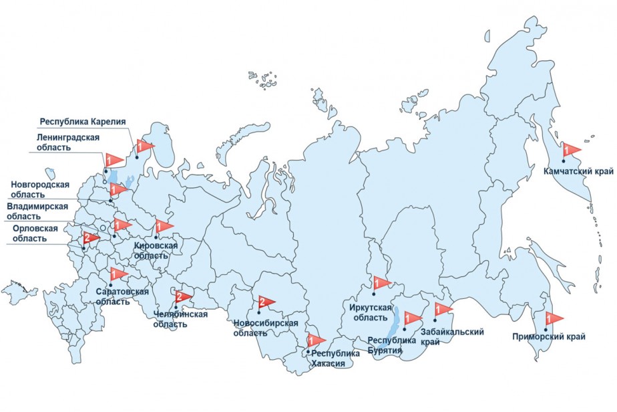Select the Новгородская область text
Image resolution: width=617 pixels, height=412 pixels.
tap(40, 189)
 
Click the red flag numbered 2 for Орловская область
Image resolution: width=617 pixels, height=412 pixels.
tap(89, 238)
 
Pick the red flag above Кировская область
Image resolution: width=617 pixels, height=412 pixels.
tap(163, 226)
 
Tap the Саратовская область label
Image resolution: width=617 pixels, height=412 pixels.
tap(122, 296)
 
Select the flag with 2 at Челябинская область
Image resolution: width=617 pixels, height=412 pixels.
tap(182, 298)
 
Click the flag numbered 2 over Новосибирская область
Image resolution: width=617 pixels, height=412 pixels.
tap(264, 302)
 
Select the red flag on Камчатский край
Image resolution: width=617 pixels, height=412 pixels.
tap(571, 149)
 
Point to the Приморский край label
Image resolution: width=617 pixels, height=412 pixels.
tap(549, 337)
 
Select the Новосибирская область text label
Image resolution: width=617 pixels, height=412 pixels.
tap(265, 328)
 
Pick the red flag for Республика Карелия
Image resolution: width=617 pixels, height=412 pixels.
tap(144, 145)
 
